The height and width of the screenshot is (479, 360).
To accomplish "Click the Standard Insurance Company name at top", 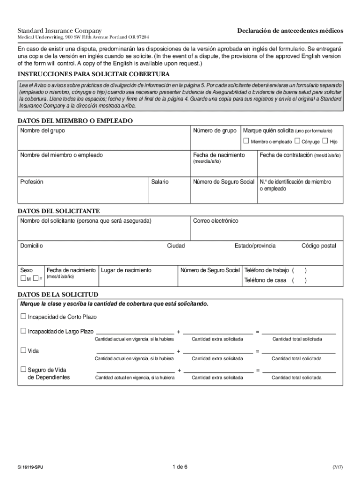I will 59,30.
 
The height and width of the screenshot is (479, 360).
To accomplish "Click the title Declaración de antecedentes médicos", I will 290,30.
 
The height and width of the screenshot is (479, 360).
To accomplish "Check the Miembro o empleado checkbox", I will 246,141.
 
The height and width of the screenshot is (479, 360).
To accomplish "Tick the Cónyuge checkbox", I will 297,141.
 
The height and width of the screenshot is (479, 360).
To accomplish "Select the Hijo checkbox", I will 325,141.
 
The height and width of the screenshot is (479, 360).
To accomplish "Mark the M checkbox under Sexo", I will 23,279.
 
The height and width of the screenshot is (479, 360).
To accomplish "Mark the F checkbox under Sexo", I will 36,279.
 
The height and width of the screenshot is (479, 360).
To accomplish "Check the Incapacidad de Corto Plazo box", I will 23,317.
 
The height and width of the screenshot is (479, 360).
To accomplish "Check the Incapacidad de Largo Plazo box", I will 23,331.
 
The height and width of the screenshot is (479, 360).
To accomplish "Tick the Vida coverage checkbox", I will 23,350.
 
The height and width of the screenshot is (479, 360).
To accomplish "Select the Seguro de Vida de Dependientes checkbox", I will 23,370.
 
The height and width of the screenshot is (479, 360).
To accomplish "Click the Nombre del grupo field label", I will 43,131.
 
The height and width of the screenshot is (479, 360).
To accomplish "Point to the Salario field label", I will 160,181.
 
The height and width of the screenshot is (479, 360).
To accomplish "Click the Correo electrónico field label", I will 216,221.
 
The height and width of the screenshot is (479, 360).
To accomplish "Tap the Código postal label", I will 319,246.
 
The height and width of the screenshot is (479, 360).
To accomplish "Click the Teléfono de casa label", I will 265,280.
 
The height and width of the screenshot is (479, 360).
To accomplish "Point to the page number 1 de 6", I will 180,467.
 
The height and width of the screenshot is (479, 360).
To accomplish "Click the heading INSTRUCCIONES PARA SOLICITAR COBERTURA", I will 94,74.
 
